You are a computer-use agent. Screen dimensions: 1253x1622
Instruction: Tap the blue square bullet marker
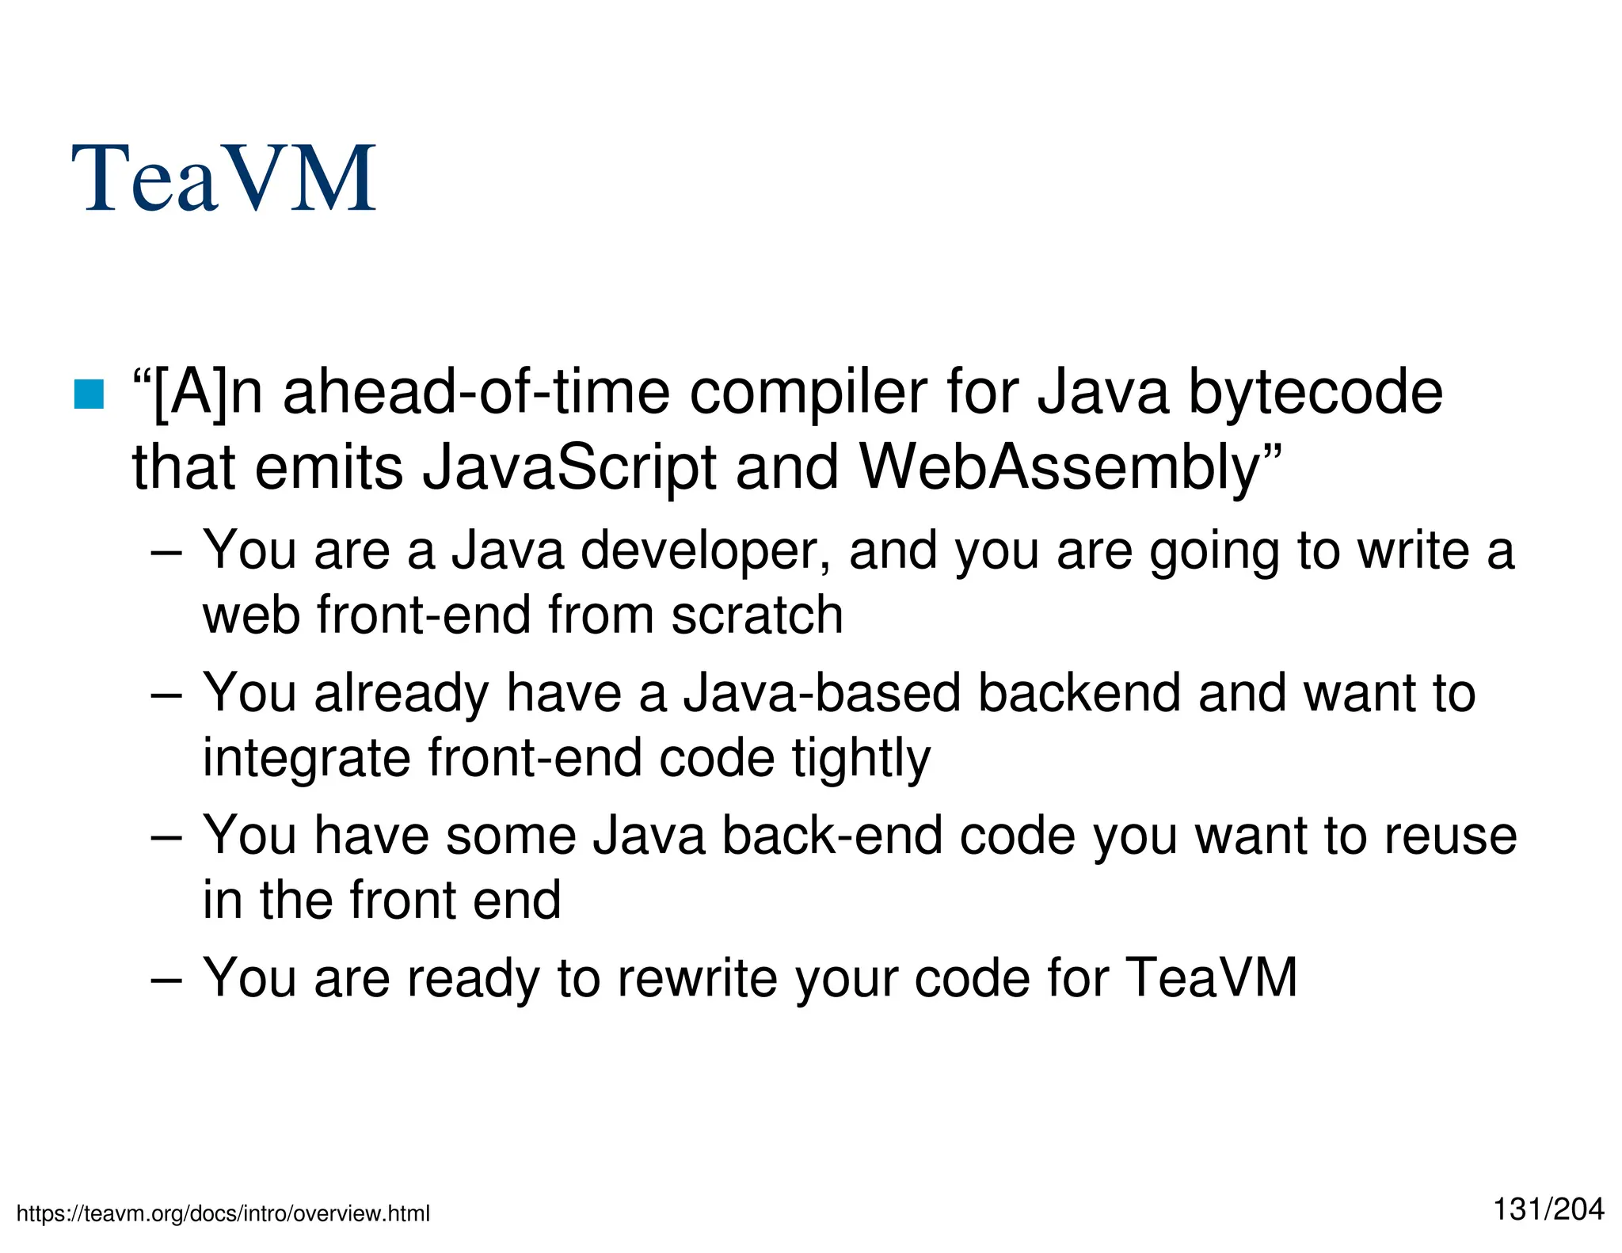pos(89,394)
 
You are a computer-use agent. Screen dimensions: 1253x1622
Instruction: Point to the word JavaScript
pos(569,467)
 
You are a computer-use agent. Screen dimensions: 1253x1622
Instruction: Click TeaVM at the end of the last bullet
pos(1212,977)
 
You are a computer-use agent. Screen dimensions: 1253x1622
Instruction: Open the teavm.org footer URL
pos(223,1213)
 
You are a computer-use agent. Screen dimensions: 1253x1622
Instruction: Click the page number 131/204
pos(1548,1209)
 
